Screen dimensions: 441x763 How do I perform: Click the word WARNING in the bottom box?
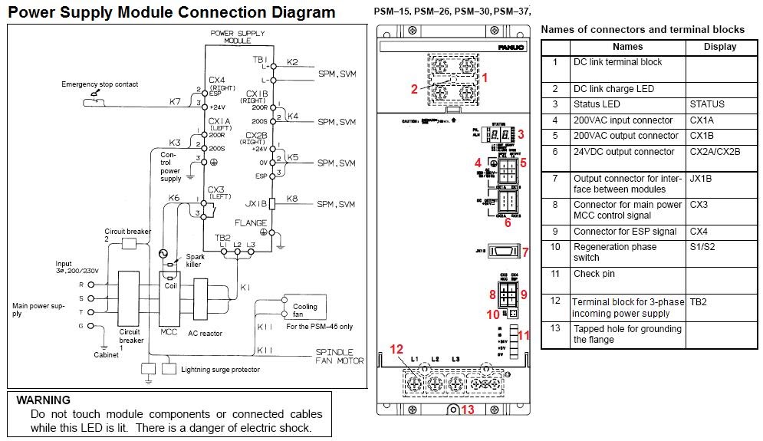coord(43,400)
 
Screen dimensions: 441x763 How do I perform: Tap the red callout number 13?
coord(467,410)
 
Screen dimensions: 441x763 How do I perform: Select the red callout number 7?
coord(525,252)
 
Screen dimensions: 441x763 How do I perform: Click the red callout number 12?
coord(396,349)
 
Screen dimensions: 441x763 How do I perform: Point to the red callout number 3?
coord(520,134)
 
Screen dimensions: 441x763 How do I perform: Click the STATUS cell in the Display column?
coord(706,104)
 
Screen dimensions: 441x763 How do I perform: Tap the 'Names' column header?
coord(627,47)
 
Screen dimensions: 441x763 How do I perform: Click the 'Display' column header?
coord(719,47)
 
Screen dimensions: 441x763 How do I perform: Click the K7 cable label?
coord(175,101)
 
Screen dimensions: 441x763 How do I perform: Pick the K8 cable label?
coord(291,199)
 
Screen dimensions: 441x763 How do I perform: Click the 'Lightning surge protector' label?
coord(220,370)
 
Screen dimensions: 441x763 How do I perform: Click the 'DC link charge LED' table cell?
coord(613,89)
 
